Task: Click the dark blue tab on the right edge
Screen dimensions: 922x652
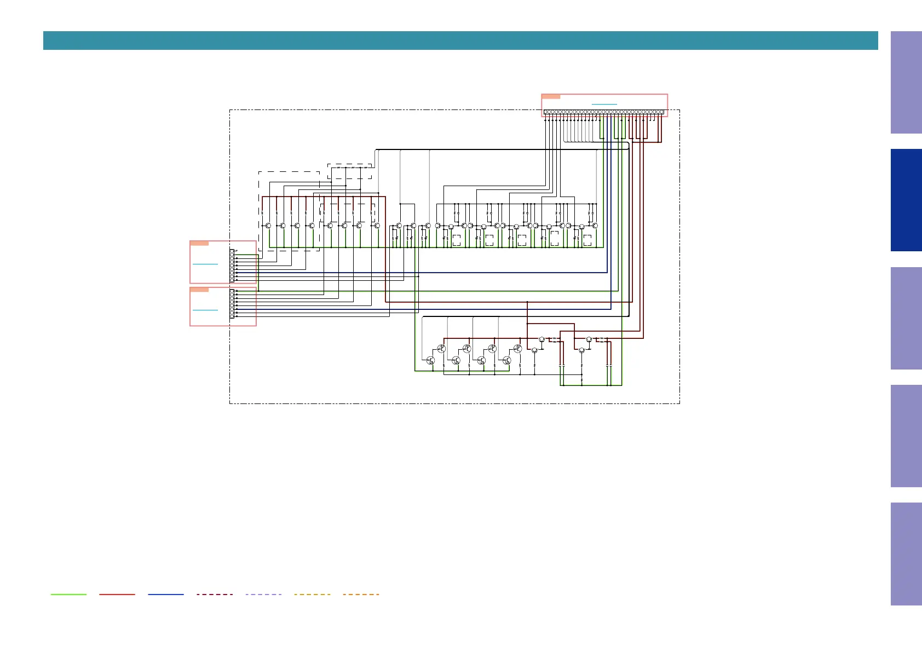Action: click(906, 200)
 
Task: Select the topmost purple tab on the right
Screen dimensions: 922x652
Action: click(906, 82)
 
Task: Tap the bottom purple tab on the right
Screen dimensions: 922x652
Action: click(906, 553)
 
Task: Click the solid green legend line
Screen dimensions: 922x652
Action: click(68, 594)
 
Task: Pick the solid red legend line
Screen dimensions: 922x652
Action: click(117, 594)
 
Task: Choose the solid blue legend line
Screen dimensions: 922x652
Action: click(166, 594)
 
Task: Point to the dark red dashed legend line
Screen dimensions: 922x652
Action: click(215, 594)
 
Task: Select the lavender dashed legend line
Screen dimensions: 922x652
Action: click(263, 594)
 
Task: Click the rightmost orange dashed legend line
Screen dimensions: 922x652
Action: click(361, 594)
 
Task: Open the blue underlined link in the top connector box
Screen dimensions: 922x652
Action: click(604, 104)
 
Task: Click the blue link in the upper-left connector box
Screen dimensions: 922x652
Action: click(205, 264)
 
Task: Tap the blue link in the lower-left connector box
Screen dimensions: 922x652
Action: click(205, 310)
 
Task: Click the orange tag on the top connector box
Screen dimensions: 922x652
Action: click(551, 96)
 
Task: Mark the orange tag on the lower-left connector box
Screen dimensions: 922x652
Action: click(199, 290)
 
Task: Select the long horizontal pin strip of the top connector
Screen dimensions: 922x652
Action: click(604, 112)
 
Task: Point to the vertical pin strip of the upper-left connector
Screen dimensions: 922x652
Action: click(232, 266)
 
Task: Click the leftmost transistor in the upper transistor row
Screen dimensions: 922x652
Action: click(268, 226)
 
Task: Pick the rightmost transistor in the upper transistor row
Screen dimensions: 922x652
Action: click(595, 226)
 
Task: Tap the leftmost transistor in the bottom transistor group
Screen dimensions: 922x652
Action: click(430, 360)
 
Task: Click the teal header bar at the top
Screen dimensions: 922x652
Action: click(460, 41)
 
